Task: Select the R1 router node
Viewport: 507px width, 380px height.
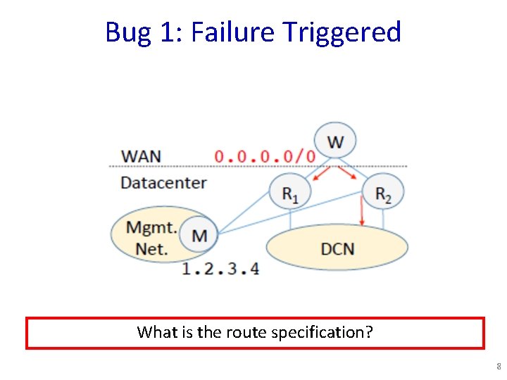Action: click(289, 191)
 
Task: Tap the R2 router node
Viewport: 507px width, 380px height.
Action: click(382, 191)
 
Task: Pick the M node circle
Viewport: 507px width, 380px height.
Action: click(199, 234)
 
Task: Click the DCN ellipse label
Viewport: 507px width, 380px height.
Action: click(337, 248)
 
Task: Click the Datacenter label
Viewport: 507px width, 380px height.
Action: click(163, 183)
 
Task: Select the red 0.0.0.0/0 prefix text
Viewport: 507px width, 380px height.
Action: click(265, 156)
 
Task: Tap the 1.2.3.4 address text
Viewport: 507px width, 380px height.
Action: click(220, 268)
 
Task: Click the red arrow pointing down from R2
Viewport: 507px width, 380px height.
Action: click(361, 210)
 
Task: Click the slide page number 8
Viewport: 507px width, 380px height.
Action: click(498, 367)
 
